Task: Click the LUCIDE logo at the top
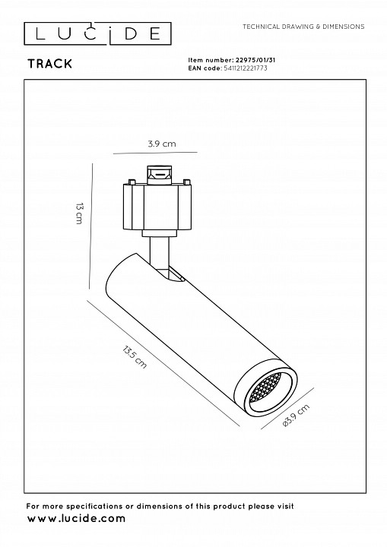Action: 97,34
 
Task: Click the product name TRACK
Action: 50,64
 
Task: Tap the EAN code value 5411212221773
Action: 245,68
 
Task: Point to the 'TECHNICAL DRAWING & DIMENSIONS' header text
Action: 303,27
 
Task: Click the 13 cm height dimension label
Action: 80,213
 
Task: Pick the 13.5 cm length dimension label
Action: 135,356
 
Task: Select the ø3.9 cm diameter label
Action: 297,416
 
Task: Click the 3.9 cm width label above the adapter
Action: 162,144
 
